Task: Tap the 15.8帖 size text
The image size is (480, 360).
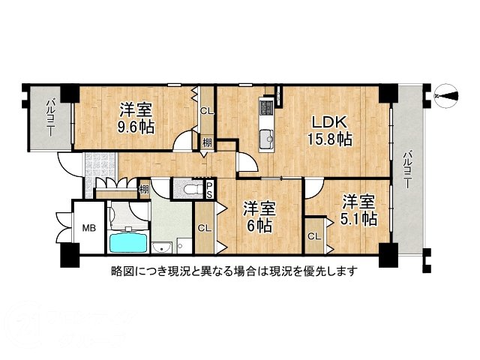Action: [x=329, y=139]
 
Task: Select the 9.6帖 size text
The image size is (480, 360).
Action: [x=136, y=127]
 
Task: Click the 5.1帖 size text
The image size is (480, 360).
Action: [x=358, y=219]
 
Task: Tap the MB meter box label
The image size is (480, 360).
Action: [x=88, y=227]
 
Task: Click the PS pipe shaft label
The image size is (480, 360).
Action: [x=210, y=188]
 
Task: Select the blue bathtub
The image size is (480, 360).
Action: [x=129, y=242]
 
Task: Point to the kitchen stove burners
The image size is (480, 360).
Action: [x=267, y=110]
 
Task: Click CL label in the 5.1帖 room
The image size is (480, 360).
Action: [x=314, y=236]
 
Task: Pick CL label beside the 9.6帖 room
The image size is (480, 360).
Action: [x=206, y=112]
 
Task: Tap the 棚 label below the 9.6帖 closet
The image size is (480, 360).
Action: [x=205, y=141]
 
